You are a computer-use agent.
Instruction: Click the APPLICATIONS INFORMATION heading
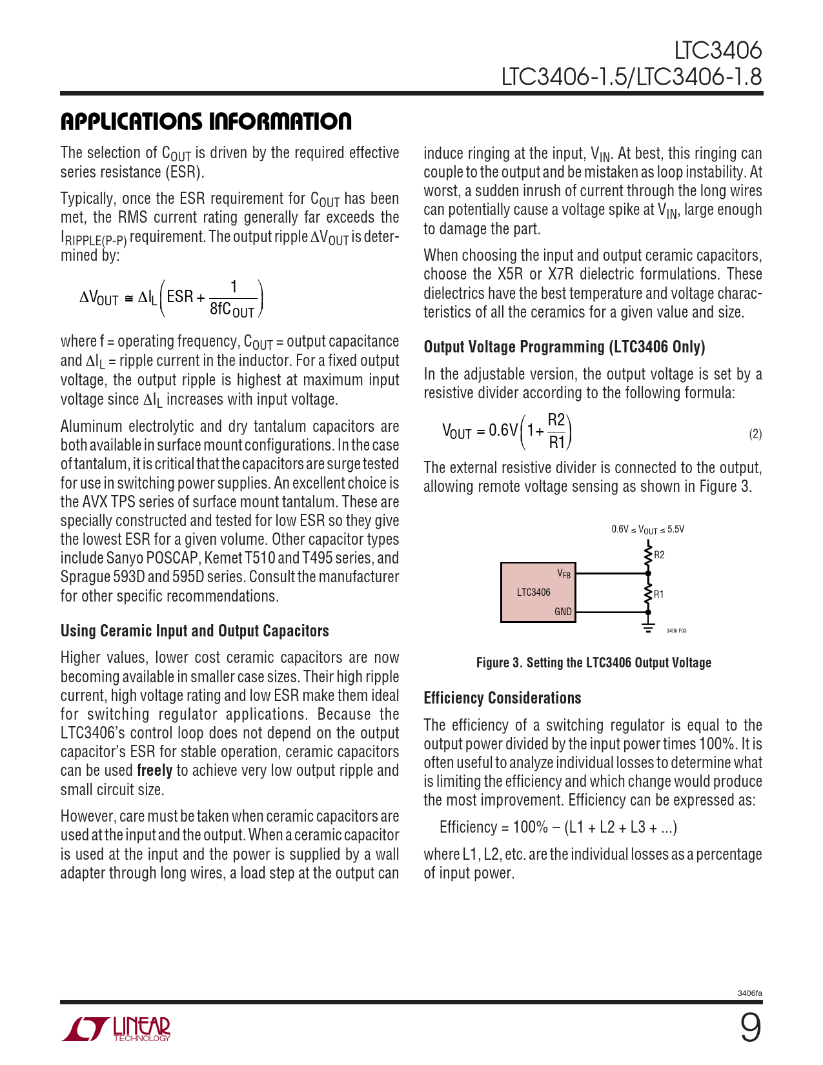pyautogui.click(x=206, y=121)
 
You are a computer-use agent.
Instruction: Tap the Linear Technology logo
pyautogui.click(x=116, y=1029)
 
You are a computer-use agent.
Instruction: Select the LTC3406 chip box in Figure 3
pyautogui.click(x=536, y=592)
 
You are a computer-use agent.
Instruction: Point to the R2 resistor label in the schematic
pyautogui.click(x=659, y=555)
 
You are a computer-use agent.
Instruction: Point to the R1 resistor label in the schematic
pyautogui.click(x=658, y=594)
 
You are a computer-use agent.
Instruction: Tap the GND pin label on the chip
pyautogui.click(x=563, y=612)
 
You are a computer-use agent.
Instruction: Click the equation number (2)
pyautogui.click(x=755, y=434)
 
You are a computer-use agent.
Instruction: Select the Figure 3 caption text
pyautogui.click(x=593, y=663)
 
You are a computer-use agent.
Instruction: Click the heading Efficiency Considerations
pyautogui.click(x=502, y=698)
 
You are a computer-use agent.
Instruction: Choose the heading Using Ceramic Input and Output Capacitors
pyautogui.click(x=194, y=631)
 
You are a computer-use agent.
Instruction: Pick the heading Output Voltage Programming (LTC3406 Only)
pyautogui.click(x=564, y=347)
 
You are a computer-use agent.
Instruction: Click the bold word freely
pyautogui.click(x=154, y=771)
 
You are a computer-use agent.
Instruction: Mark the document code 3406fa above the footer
pyautogui.click(x=749, y=993)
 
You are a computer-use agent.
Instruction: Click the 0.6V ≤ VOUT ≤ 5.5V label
pyautogui.click(x=647, y=530)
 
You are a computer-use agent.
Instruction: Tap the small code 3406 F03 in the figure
pyautogui.click(x=676, y=631)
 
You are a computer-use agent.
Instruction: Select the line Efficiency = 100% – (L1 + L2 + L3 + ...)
pyautogui.click(x=558, y=827)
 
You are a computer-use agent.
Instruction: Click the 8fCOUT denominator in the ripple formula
pyautogui.click(x=232, y=310)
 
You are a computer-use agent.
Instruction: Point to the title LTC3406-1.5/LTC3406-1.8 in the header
pyautogui.click(x=631, y=77)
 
